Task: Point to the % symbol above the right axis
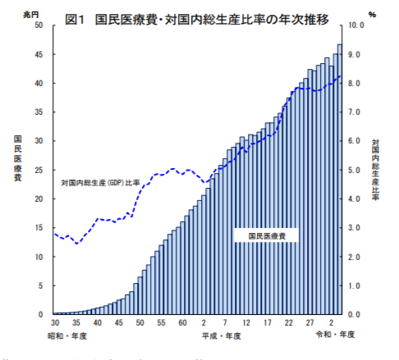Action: pyautogui.click(x=371, y=15)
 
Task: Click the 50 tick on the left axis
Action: pyautogui.click(x=39, y=25)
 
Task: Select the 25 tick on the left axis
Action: pyautogui.click(x=39, y=170)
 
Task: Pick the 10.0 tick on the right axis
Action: pyautogui.click(x=358, y=25)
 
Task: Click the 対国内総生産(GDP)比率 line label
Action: pyautogui.click(x=100, y=181)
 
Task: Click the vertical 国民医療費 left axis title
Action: pyautogui.click(x=17, y=163)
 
